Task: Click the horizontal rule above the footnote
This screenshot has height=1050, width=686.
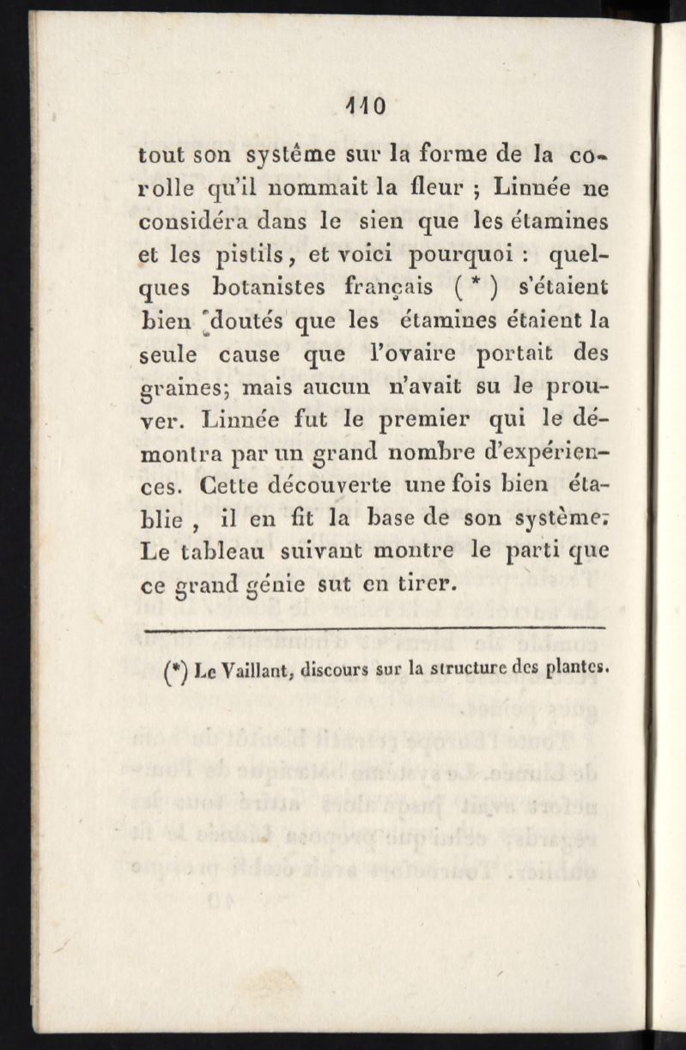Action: (376, 632)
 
